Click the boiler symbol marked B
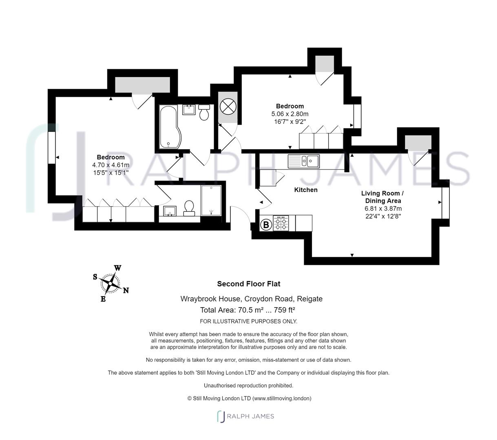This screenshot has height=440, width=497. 266,224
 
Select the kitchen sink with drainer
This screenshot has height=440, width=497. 303,161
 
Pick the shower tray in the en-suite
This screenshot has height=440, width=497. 211,200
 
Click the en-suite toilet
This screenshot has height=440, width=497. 189,208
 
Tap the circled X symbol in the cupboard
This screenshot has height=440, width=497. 228,107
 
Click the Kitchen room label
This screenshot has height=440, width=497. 306,190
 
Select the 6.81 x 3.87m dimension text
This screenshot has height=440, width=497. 383,209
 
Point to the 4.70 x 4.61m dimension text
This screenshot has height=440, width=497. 110,165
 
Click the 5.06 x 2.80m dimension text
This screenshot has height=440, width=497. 290,114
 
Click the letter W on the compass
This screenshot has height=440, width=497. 118,268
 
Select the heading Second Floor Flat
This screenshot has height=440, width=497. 249,284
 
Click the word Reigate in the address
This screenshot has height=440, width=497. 309,299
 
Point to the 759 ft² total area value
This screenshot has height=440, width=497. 284,310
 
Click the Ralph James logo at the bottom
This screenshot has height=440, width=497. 245,416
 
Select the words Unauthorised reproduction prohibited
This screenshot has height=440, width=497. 249,385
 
